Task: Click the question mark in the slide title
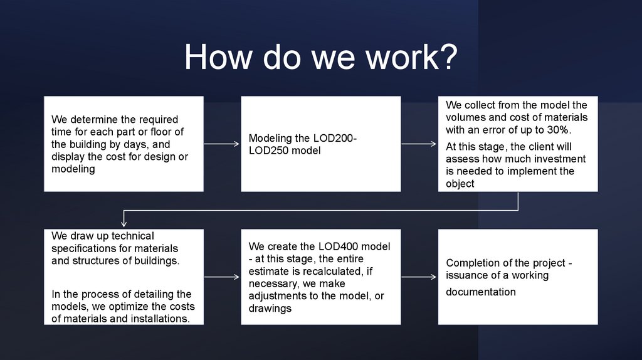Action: (x=447, y=58)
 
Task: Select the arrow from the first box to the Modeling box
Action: (x=222, y=144)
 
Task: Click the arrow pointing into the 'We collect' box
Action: (x=419, y=144)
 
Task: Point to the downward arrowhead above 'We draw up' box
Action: (x=124, y=221)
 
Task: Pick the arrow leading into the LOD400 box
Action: (x=222, y=276)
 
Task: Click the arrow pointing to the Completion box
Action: (x=419, y=276)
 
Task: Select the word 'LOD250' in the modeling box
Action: (x=269, y=151)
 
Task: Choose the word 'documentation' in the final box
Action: (x=481, y=292)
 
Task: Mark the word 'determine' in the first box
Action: (x=93, y=119)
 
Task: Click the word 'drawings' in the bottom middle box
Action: (x=270, y=309)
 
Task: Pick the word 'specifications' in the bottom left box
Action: (x=83, y=248)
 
